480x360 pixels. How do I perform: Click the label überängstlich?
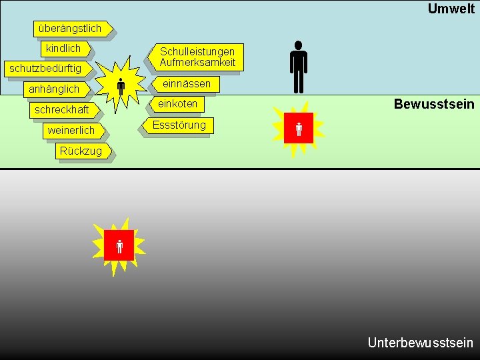click(70, 29)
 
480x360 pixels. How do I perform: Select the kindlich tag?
click(63, 49)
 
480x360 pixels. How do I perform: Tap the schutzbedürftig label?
click(45, 69)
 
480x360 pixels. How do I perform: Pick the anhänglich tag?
click(54, 89)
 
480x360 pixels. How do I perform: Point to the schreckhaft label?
click(62, 109)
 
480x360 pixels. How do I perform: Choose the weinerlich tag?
click(71, 131)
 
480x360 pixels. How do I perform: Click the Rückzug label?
click(81, 151)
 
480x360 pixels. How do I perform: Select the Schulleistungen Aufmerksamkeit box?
click(197, 57)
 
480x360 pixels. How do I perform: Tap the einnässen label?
click(187, 84)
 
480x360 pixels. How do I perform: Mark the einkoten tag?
click(178, 104)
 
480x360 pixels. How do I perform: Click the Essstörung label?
click(179, 125)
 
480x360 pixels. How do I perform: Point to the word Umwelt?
click(451, 9)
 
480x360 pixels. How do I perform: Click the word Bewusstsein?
click(434, 104)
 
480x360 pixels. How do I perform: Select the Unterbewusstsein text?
click(420, 343)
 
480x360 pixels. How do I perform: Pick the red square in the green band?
click(298, 128)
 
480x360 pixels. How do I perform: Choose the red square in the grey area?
click(119, 245)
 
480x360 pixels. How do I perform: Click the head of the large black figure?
click(298, 45)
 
